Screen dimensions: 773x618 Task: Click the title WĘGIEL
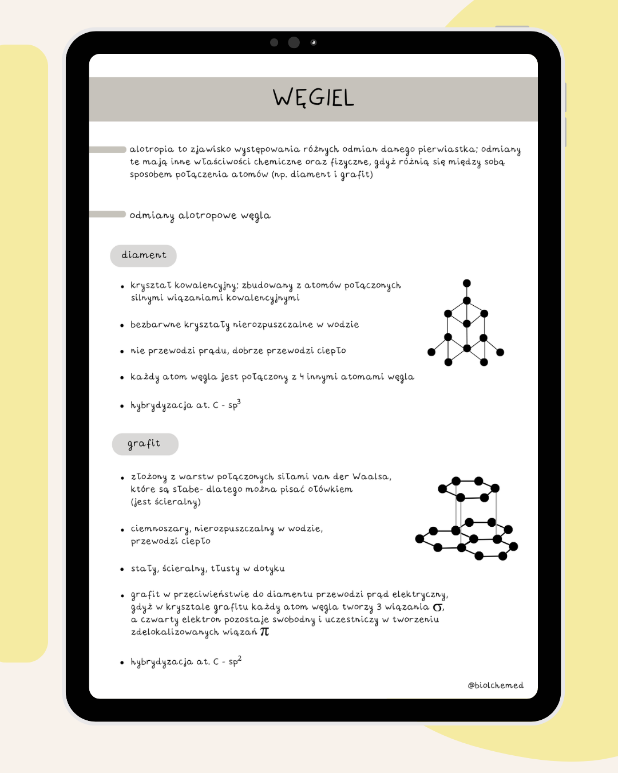(x=313, y=98)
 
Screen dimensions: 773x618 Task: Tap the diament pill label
(x=144, y=255)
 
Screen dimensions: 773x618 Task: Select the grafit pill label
(x=144, y=444)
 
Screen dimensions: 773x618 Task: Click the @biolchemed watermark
(x=496, y=685)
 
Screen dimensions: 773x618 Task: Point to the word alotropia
(x=152, y=149)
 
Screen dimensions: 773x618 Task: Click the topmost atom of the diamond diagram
(x=467, y=283)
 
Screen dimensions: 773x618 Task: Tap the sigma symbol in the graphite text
(x=438, y=608)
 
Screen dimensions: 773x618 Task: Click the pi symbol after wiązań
(x=264, y=632)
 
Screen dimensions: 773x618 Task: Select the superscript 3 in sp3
(x=239, y=402)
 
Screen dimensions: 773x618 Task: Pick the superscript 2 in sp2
(x=240, y=658)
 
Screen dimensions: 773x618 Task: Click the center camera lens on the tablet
(x=294, y=42)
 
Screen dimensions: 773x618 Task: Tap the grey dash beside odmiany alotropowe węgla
(x=108, y=214)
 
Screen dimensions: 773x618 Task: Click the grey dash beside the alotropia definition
(x=108, y=149)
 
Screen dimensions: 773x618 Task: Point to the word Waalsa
(x=371, y=477)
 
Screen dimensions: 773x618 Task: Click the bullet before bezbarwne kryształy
(x=122, y=325)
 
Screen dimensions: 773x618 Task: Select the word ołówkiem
(x=330, y=490)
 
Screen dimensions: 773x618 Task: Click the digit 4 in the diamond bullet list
(x=302, y=377)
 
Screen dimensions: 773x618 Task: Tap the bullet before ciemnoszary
(x=122, y=530)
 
